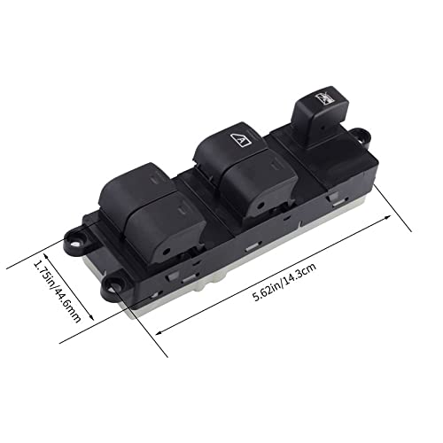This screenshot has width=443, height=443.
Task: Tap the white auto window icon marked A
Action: click(x=241, y=139)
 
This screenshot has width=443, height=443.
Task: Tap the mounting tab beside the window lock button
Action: click(x=361, y=137)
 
